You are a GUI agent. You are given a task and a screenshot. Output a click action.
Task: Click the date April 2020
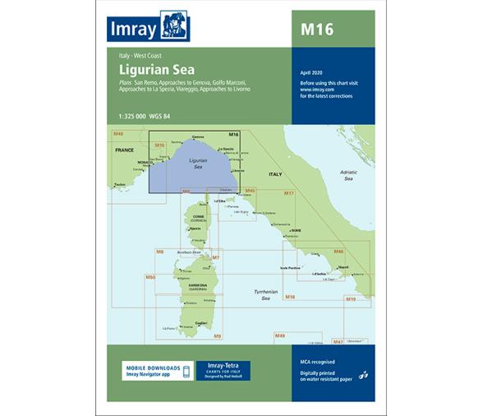tap(314, 72)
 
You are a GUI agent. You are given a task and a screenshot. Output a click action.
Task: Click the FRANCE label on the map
tap(124, 151)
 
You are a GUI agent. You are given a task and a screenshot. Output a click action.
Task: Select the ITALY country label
tap(273, 175)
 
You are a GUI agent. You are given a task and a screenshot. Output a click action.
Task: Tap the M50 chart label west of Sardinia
tap(150, 278)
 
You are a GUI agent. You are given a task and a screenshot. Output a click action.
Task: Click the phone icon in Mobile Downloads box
tap(186, 371)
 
